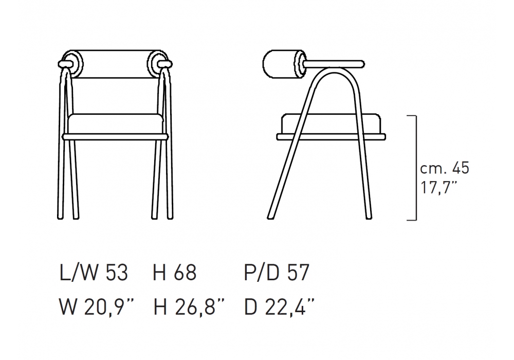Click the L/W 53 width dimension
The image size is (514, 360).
[x=94, y=273]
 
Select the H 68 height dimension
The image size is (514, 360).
[x=175, y=273]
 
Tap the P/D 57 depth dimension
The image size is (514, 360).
[x=277, y=273]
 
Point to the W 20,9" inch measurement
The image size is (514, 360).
[x=97, y=307]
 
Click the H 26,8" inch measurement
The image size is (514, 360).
[x=189, y=307]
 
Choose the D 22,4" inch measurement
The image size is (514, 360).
[x=279, y=307]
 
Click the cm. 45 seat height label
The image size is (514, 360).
[x=445, y=168]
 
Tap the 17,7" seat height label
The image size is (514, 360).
[x=438, y=188]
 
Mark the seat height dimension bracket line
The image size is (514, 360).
[x=416, y=168]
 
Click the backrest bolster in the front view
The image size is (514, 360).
[x=115, y=64]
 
